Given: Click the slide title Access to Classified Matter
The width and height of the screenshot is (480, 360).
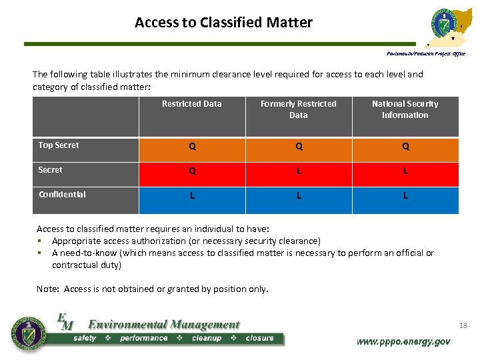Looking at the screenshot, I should coord(223,23).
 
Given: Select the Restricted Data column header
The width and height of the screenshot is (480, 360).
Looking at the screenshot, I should coord(192,104).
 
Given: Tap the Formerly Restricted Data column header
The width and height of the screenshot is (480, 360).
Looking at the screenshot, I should coord(299,109).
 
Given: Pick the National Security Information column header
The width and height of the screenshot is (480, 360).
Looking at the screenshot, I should coord(405,109).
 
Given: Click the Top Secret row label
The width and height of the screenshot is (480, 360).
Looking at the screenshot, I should coord(59,145).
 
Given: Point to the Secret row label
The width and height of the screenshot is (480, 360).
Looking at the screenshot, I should coord(51,170).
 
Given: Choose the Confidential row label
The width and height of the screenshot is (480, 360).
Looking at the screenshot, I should coord(62,195).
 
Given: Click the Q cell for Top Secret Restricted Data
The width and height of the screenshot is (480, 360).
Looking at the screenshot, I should coord(192,147).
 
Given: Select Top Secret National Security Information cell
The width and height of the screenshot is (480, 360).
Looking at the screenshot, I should coord(405,147).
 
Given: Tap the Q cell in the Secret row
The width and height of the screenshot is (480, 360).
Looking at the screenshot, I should coord(192,171).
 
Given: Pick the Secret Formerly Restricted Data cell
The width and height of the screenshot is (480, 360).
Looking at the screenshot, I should coord(299,171).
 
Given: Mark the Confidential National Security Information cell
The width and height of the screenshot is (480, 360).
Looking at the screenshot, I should coord(405,196).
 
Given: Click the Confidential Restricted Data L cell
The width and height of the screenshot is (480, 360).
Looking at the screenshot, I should coord(192,196).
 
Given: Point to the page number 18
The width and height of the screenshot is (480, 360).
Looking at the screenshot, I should coord(463,325).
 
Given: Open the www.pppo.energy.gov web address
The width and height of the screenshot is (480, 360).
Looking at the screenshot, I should coord(403,341).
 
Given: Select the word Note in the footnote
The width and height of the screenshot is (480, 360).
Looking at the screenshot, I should coord(47,289).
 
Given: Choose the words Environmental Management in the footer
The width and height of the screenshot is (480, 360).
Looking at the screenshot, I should coord(164,325).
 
